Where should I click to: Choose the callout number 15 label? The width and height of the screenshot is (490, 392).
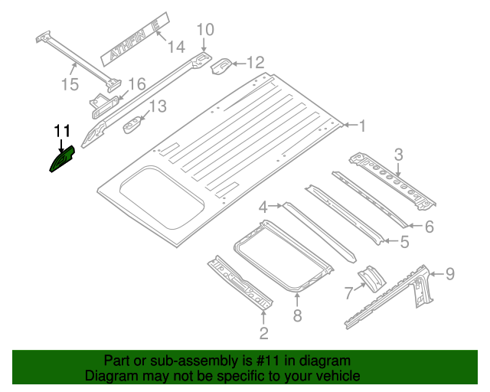pyautogui.click(x=70, y=84)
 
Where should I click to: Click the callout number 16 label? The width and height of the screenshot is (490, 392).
pyautogui.click(x=136, y=83)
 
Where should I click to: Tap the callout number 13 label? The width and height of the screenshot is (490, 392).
pyautogui.click(x=156, y=106)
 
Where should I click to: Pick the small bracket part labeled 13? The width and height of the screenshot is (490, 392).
pyautogui.click(x=135, y=122)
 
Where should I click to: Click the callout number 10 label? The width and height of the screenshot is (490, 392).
pyautogui.click(x=205, y=30)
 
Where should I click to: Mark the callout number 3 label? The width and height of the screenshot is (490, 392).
pyautogui.click(x=398, y=155)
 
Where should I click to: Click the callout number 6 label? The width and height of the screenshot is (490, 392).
pyautogui.click(x=429, y=226)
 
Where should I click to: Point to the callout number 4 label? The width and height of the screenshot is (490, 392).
pyautogui.click(x=263, y=207)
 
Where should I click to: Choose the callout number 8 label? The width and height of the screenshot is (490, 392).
pyautogui.click(x=297, y=315)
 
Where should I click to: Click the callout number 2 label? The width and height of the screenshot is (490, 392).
pyautogui.click(x=263, y=332)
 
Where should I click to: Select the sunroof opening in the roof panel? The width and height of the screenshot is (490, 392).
pyautogui.click(x=162, y=198)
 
